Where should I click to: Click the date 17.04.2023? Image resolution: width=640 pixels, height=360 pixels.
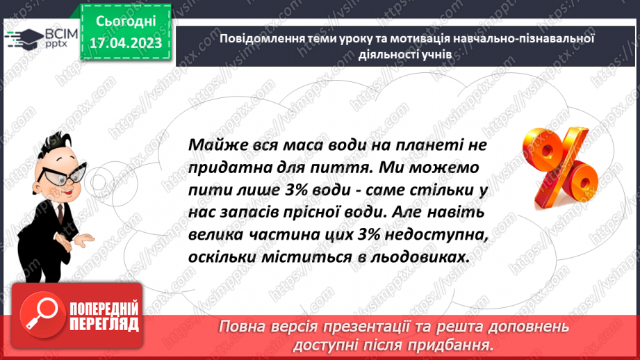click(x=125, y=44)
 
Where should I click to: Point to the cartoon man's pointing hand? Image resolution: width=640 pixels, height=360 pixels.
click(x=83, y=240)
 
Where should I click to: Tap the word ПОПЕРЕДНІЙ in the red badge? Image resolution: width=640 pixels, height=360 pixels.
click(x=104, y=309)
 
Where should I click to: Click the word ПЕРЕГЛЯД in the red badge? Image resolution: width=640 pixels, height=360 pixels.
click(x=104, y=324)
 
